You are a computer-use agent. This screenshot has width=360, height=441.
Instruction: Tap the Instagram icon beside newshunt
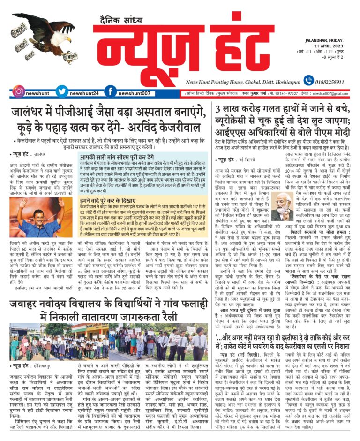(x=19, y=92)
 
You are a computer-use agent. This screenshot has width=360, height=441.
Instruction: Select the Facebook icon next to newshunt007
(x=111, y=92)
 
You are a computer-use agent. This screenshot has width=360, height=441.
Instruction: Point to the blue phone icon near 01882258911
(x=308, y=81)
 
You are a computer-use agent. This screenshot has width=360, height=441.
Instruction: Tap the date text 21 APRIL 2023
(x=328, y=50)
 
